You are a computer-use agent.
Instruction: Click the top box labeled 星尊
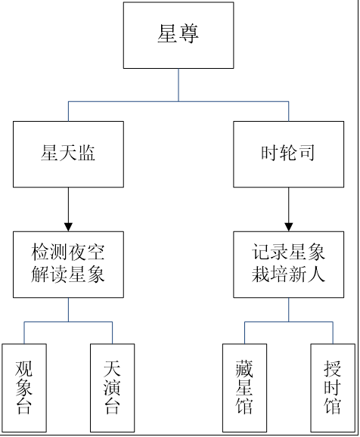tap(178, 35)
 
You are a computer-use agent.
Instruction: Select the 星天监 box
tap(68, 154)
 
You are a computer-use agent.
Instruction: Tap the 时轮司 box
tap(289, 154)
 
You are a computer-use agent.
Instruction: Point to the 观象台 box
tap(24, 388)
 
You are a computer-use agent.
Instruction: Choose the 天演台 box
tap(113, 388)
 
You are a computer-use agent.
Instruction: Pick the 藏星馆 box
tap(244, 388)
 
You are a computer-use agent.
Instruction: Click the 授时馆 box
tap(333, 388)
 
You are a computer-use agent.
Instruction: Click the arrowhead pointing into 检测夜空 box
tap(68, 227)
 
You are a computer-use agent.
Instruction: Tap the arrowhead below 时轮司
tap(289, 227)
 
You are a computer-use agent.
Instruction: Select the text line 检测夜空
tap(68, 253)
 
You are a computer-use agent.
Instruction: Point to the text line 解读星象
tap(68, 274)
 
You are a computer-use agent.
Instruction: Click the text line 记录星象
tap(288, 253)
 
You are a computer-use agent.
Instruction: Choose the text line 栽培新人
tap(288, 274)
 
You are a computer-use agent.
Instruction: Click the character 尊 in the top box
tap(189, 34)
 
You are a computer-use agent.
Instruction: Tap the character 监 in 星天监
tap(86, 153)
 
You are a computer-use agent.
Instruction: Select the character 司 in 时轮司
tap(306, 153)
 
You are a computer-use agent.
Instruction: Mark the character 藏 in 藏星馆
tap(244, 368)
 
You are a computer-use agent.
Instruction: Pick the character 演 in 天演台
tap(112, 387)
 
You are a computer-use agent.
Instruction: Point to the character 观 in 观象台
tap(23, 368)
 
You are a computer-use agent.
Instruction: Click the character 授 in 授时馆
tap(332, 368)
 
